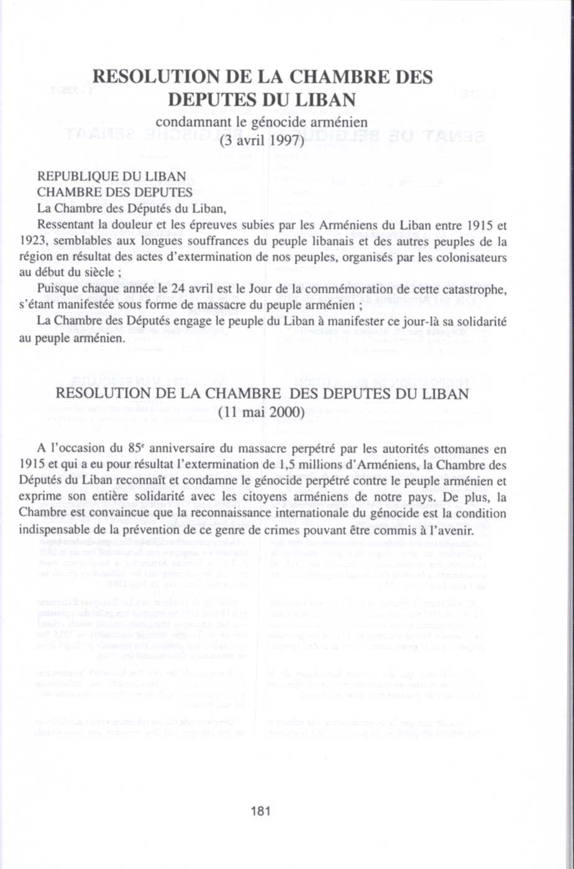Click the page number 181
pos(260,811)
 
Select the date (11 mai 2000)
pos(261,412)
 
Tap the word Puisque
pos(57,289)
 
